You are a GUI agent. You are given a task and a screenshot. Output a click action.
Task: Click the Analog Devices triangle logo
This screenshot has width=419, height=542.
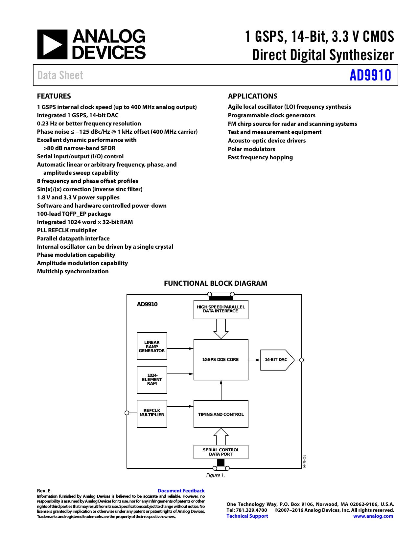point(52,44)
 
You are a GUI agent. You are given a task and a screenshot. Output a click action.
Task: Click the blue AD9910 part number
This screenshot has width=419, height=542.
point(370,75)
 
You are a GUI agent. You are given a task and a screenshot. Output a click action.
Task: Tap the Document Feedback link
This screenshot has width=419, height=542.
point(181,491)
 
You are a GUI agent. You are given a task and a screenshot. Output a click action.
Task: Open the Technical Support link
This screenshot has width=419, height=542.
point(247,516)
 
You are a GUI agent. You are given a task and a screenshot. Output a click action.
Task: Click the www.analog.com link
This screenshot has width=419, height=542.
point(373,516)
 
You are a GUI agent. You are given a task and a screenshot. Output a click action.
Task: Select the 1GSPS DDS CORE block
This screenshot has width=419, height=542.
point(221,359)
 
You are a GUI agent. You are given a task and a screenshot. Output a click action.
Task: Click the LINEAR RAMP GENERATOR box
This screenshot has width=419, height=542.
point(152,346)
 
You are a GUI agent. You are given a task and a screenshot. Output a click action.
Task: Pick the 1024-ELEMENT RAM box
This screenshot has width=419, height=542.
point(152,380)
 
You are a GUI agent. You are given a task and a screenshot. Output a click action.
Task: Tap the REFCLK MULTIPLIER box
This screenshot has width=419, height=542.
point(152,414)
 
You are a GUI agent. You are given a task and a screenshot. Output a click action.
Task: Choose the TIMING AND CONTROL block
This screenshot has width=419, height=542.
point(221,414)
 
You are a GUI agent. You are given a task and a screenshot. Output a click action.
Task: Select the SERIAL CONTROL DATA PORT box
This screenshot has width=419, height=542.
point(221,452)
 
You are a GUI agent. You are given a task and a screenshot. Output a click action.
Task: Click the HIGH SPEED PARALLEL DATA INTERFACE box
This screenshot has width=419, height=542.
point(221,309)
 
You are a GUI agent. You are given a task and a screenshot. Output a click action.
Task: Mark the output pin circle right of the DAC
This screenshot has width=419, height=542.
point(301,360)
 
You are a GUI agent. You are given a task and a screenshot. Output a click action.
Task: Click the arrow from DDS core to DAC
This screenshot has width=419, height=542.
point(254,360)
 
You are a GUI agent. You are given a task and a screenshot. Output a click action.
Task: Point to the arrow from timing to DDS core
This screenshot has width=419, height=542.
point(221,390)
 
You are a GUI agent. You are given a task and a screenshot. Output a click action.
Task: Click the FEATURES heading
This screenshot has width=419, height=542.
point(54,96)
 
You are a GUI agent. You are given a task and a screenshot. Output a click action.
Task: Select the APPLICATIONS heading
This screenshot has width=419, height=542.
point(252,96)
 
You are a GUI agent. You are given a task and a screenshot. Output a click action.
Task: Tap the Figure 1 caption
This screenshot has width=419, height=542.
point(215,475)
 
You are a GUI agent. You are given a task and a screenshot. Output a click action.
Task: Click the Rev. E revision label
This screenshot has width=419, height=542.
point(44,491)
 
